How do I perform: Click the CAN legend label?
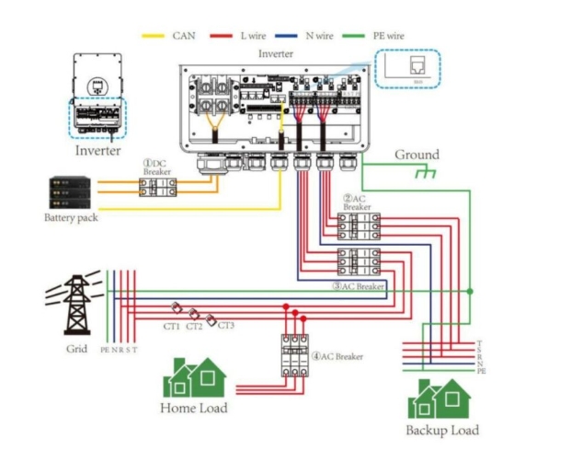pyautogui.click(x=183, y=36)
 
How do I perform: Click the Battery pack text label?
pyautogui.click(x=70, y=218)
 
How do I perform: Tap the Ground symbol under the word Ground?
pyautogui.click(x=424, y=173)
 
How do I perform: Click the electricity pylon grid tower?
pyautogui.click(x=74, y=304)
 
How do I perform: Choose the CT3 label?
pyautogui.click(x=226, y=325)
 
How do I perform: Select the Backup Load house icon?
pyautogui.click(x=440, y=398)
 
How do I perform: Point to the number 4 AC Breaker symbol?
pyautogui.click(x=294, y=354)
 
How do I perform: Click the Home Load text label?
pyautogui.click(x=194, y=408)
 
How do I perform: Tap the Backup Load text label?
pyautogui.click(x=441, y=430)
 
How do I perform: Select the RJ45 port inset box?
pyautogui.click(x=408, y=70)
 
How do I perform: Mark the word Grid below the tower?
pyautogui.click(x=76, y=349)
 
